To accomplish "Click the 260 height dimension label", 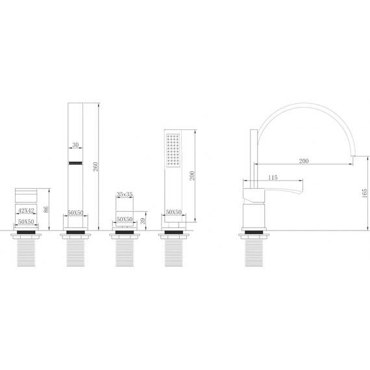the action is (95, 167).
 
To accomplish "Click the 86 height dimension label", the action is (46, 209).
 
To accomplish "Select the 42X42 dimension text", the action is (26, 210).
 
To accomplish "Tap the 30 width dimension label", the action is (75, 145).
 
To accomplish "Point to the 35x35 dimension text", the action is (125, 195).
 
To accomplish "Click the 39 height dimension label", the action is (143, 221).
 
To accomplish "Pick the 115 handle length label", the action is (273, 177).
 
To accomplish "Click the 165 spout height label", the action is (365, 193).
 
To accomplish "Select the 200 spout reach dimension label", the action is (304, 161).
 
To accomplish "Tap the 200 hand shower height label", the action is (192, 176).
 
